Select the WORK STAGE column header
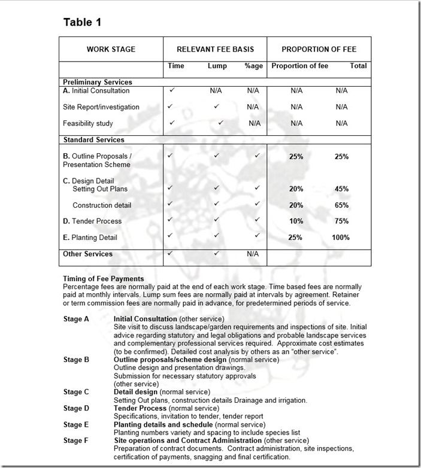111,49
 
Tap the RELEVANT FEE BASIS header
215,49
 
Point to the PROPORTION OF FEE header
319,49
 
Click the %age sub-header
253,66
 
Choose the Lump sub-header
217,66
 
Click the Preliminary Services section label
98,82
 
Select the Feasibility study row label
88,123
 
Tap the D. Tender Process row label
92,221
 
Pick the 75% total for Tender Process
341,221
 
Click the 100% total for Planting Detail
341,238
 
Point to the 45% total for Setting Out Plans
341,189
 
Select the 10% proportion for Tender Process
296,221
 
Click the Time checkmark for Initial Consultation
172,90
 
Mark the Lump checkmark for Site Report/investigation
216,107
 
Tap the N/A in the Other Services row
253,254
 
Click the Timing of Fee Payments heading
104,279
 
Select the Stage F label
76,440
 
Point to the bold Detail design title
135,392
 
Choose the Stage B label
76,360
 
